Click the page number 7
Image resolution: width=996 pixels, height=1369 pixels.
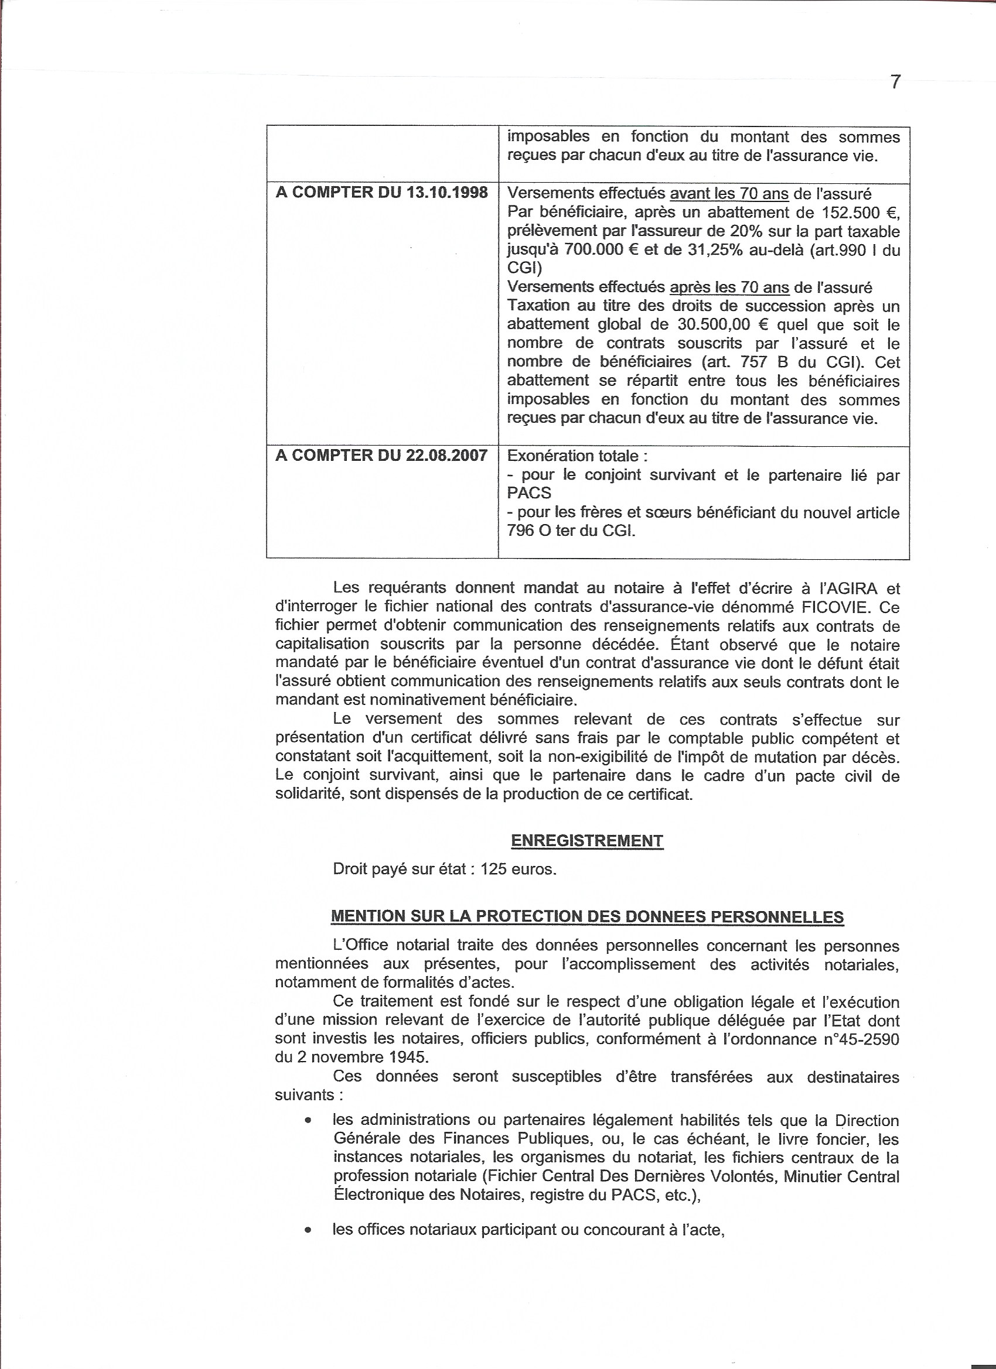(x=896, y=81)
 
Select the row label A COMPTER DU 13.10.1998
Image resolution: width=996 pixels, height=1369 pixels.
(x=381, y=193)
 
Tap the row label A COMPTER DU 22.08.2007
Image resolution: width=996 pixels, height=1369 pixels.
(x=381, y=455)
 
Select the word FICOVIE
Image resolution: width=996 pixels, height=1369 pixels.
(x=827, y=607)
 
